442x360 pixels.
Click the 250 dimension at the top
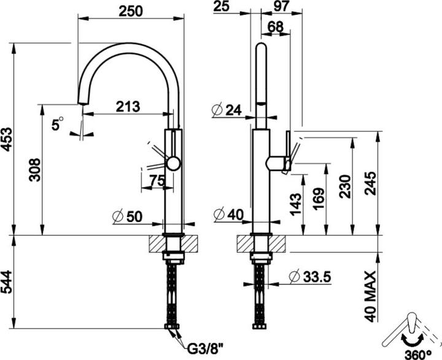coord(131,11)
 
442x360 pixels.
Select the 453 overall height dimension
coord(6,139)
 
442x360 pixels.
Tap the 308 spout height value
coord(35,170)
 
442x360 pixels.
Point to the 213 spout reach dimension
coord(128,107)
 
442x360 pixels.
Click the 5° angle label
coord(58,124)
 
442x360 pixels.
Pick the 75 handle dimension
coord(157,180)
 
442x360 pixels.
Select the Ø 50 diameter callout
coord(128,216)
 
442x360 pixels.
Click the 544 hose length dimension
coord(6,282)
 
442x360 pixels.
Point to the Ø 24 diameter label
coord(227,110)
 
